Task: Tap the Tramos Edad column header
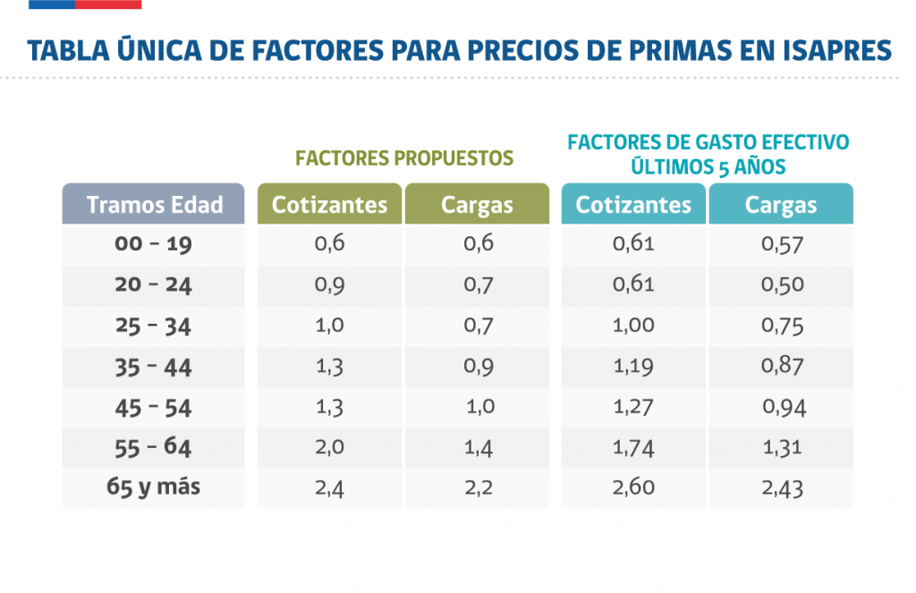[x=154, y=204]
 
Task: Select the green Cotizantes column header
[x=330, y=204]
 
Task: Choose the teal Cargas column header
[x=781, y=204]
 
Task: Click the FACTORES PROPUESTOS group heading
[x=404, y=158]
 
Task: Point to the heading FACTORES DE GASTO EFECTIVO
[x=708, y=143]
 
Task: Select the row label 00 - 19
[x=154, y=244]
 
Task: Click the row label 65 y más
[x=154, y=487]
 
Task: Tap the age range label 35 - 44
[x=154, y=367]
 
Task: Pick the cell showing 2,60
[x=633, y=487]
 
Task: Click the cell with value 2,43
[x=782, y=488]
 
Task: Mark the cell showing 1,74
[x=633, y=447]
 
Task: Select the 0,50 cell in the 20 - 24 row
[x=782, y=285]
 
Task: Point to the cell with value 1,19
[x=633, y=366]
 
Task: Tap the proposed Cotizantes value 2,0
[x=329, y=447]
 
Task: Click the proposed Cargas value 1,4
[x=479, y=447]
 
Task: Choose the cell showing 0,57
[x=782, y=244]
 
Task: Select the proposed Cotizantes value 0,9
[x=329, y=285]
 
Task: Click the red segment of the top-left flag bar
[x=107, y=4]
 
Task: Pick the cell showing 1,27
[x=633, y=407]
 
